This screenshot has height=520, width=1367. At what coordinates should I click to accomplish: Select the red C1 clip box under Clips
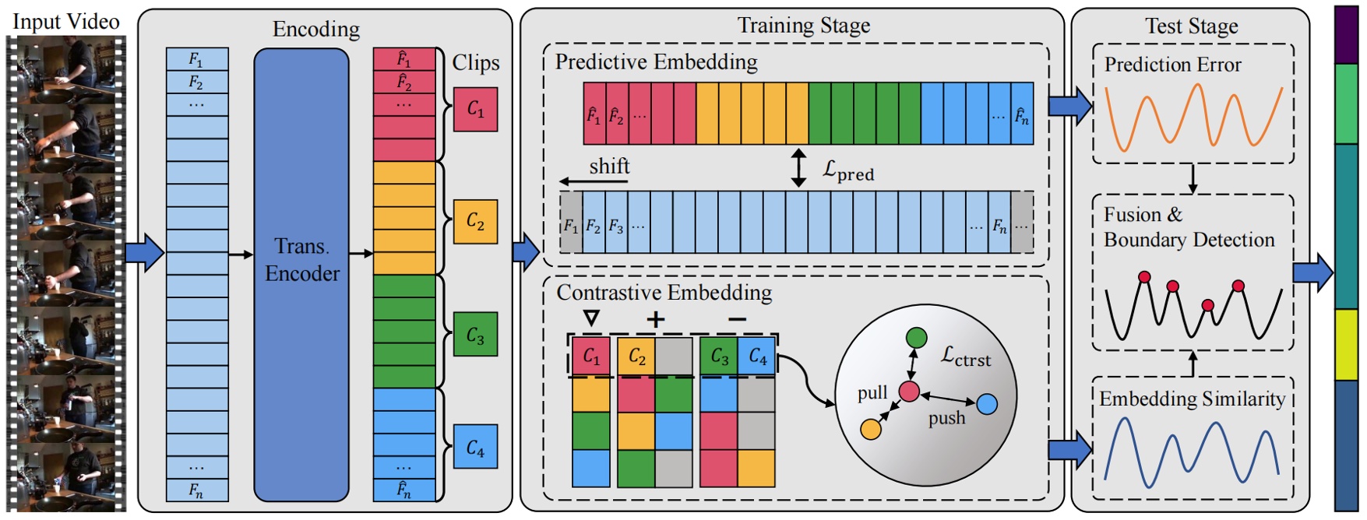click(x=475, y=109)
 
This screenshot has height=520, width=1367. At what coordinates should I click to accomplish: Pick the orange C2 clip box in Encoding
click(x=475, y=222)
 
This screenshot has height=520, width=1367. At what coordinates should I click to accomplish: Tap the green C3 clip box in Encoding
click(x=475, y=335)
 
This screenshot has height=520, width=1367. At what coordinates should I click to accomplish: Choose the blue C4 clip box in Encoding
click(x=475, y=448)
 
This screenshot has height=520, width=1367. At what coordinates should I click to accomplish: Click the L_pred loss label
click(x=848, y=170)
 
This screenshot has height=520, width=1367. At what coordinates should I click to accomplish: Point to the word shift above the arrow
click(x=609, y=167)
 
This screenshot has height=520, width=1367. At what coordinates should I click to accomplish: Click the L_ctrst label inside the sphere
click(x=965, y=357)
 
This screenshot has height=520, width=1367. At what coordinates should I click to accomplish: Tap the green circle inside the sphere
click(x=917, y=338)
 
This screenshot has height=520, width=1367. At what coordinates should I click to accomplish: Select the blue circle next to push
click(x=986, y=404)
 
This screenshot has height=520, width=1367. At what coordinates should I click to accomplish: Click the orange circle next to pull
click(x=871, y=429)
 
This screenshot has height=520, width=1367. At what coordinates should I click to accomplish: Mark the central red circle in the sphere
click(x=909, y=391)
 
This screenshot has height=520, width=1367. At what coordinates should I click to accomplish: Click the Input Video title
click(x=65, y=21)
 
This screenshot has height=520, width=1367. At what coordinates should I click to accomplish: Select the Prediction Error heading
click(x=1172, y=65)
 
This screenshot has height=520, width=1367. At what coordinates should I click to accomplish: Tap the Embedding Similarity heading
click(x=1192, y=399)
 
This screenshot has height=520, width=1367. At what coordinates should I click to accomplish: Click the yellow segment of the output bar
click(x=1346, y=344)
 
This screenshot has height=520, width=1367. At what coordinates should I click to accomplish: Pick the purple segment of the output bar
click(x=1346, y=35)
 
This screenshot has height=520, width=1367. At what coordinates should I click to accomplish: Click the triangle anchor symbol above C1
click(x=591, y=318)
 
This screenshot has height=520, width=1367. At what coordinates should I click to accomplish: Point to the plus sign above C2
click(x=655, y=319)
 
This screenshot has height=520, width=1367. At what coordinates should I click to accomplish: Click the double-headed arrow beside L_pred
click(x=798, y=168)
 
